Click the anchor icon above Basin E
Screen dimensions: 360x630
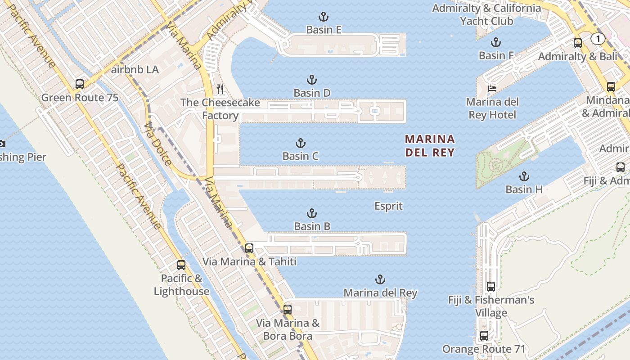pos(323,17)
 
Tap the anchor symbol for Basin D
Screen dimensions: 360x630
pos(312,80)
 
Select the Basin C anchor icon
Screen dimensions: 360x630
pos(301,144)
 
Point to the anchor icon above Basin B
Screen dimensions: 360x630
pos(312,213)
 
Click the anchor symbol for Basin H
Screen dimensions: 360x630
pos(524,176)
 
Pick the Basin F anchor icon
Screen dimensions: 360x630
pos(496,43)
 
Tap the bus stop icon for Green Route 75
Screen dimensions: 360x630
pos(80,84)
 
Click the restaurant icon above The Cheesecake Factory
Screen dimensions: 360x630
pos(220,89)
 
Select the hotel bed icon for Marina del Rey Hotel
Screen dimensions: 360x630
pos(493,89)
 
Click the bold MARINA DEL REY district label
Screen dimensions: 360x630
pos(430,145)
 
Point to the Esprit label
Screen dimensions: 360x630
pos(388,206)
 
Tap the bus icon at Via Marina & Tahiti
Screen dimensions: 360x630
pos(249,248)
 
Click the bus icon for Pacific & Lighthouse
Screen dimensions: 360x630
pos(181,265)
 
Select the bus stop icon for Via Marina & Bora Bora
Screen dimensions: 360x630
pos(288,310)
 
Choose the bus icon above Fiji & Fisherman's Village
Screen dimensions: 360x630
pos(491,287)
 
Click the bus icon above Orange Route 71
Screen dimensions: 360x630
pos(484,336)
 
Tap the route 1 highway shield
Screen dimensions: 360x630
pos(598,39)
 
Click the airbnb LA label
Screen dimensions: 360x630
pos(135,70)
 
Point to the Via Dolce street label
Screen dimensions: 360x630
pos(158,143)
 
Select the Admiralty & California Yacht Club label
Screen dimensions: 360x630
pos(486,14)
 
